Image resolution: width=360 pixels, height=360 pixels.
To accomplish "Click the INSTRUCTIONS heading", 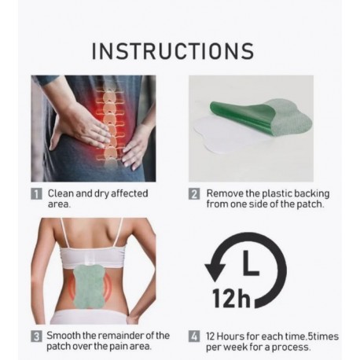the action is pyautogui.click(x=173, y=50).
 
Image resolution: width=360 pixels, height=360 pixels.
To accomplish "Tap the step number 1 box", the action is pyautogui.click(x=36, y=194).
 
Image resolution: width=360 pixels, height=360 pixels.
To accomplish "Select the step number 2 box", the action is pyautogui.click(x=194, y=194).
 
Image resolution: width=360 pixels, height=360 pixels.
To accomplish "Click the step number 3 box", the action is pyautogui.click(x=36, y=336).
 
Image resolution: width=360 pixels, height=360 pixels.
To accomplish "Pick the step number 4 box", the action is pyautogui.click(x=194, y=336).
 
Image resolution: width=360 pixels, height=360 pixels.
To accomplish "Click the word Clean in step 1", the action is pyautogui.click(x=61, y=193).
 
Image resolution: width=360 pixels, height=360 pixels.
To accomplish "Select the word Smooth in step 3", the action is pyautogui.click(x=64, y=336).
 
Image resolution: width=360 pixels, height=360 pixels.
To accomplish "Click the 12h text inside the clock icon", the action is pyautogui.click(x=231, y=298).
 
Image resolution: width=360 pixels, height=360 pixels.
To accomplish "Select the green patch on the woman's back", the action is pyautogui.click(x=89, y=286).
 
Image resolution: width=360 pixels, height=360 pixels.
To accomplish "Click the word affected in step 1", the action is pyautogui.click(x=130, y=193).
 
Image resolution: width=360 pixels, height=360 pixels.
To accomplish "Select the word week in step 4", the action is pyautogui.click(x=236, y=347).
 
